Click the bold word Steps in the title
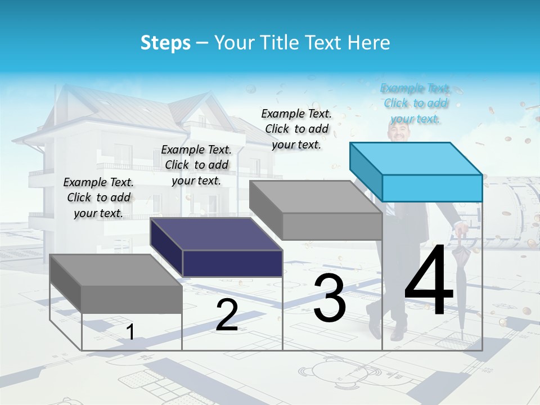coord(165,43)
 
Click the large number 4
coord(429,282)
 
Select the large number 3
coord(330,298)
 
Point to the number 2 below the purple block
coord(227,315)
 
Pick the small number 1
coord(130,332)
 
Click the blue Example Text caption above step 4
coord(415,103)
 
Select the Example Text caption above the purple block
coord(196,165)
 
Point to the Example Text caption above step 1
coord(98,197)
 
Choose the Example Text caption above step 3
coord(296,129)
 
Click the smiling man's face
coord(400,133)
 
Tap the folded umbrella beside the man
coord(461,281)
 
